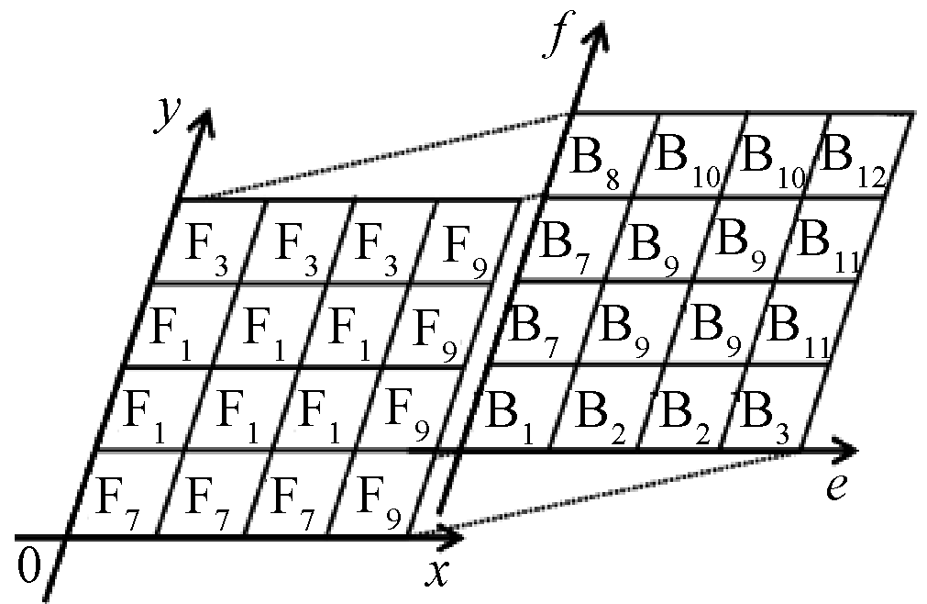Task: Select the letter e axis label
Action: [x=835, y=487]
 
